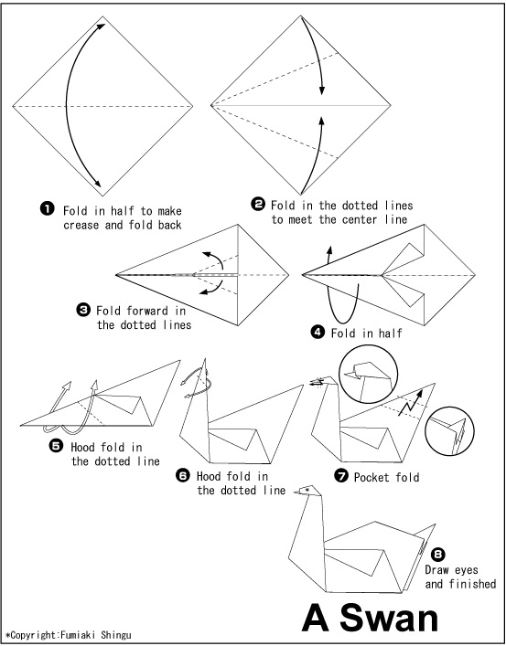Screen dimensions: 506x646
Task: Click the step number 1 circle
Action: point(47,209)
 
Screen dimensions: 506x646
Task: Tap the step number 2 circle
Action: point(258,204)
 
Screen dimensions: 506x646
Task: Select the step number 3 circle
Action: point(83,309)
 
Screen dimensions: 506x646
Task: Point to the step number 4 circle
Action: point(318,332)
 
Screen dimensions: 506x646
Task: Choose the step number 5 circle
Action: point(56,446)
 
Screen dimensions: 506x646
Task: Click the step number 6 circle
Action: point(183,475)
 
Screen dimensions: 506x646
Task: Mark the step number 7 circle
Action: point(341,476)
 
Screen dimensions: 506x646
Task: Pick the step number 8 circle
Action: point(438,555)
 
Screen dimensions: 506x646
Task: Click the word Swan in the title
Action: point(388,619)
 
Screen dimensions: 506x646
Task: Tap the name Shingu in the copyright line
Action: point(116,635)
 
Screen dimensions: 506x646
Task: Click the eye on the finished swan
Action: point(307,490)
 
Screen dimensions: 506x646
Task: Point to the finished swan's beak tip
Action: point(295,492)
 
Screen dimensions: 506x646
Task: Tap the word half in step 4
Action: point(391,333)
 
